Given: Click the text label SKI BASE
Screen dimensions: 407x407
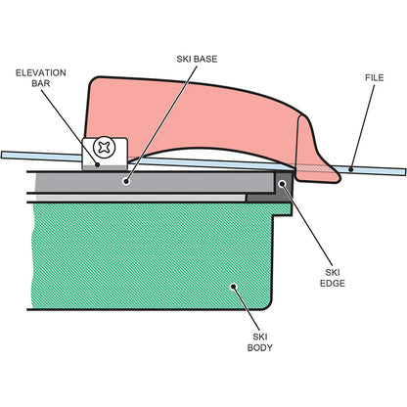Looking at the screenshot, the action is pos(197,59).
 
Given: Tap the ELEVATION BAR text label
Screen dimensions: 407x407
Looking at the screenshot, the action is pos(41,78).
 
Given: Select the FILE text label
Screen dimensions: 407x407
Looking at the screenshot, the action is pos(375,78).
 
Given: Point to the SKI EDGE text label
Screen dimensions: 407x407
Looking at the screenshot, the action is pos(333,278).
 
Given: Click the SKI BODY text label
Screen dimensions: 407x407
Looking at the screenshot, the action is pos(260,342).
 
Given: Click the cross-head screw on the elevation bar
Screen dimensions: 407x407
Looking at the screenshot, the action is pos(105,148).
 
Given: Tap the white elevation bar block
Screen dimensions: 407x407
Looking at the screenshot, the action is pos(105,154).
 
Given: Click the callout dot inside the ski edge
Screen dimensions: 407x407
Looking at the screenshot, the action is pos(282,184).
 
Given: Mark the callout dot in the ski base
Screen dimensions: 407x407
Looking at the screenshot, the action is pos(126,181).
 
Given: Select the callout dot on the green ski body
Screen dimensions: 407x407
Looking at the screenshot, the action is pos(233,287).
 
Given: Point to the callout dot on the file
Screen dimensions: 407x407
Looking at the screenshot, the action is pos(351,169).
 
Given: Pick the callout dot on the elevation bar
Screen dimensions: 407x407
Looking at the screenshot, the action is pos(97,164).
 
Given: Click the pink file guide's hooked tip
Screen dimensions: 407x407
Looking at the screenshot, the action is pos(336,178).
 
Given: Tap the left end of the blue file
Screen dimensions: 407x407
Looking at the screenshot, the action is pos(3,155).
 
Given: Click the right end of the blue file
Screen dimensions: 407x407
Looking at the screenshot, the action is pos(405,171).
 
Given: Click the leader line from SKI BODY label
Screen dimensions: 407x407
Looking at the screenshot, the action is pos(247,309).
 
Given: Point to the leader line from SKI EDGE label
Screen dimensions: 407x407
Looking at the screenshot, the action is pos(307,224).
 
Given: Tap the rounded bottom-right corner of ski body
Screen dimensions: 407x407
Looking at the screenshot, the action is pos(269,306).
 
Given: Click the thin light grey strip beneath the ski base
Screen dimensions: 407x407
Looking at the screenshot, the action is pos(140,198).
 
